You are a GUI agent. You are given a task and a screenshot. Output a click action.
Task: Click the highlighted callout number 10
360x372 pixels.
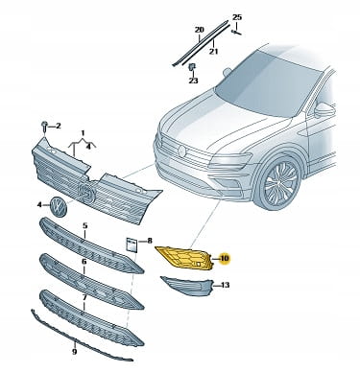pyautogui.click(x=225, y=258)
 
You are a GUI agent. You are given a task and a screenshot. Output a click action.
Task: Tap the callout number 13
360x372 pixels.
pyautogui.click(x=226, y=285)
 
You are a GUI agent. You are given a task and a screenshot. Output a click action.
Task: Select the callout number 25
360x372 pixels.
pyautogui.click(x=237, y=17)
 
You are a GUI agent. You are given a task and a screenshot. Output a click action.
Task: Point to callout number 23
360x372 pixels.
pyautogui.click(x=193, y=81)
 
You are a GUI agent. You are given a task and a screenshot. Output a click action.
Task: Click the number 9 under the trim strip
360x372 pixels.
pyautogui.click(x=74, y=352)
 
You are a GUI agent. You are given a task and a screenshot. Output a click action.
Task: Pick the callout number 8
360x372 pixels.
pyautogui.click(x=150, y=241)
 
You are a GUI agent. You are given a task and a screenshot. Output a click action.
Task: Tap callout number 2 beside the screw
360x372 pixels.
pyautogui.click(x=58, y=127)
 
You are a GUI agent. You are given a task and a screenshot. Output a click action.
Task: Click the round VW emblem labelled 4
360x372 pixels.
pyautogui.click(x=58, y=206)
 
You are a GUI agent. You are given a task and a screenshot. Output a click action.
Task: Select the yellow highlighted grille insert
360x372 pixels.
pyautogui.click(x=183, y=258)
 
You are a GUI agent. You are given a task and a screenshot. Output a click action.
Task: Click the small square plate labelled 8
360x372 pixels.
pyautogui.click(x=132, y=245)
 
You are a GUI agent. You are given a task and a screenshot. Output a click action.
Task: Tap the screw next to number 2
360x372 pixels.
pyautogui.click(x=44, y=128)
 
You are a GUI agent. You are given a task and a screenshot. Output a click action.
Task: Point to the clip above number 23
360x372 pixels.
pyautogui.click(x=192, y=68)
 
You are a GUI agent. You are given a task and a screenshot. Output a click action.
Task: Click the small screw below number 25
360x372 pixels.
pyautogui.click(x=236, y=32)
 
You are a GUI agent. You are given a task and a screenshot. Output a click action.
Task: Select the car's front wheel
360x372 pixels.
pyautogui.click(x=279, y=185)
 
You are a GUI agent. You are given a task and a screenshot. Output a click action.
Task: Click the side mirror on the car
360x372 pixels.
pyautogui.click(x=324, y=110)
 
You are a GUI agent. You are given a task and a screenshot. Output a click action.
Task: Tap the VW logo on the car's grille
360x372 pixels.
pyautogui.click(x=182, y=151)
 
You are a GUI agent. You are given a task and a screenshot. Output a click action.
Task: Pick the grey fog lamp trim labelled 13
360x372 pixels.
pyautogui.click(x=187, y=286)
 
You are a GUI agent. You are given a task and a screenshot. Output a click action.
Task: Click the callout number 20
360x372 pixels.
pyautogui.click(x=199, y=30)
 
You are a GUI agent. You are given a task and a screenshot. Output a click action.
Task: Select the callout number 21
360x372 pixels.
pyautogui.click(x=213, y=51)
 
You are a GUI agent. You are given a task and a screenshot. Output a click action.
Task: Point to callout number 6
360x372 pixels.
pyautogui.click(x=84, y=262)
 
